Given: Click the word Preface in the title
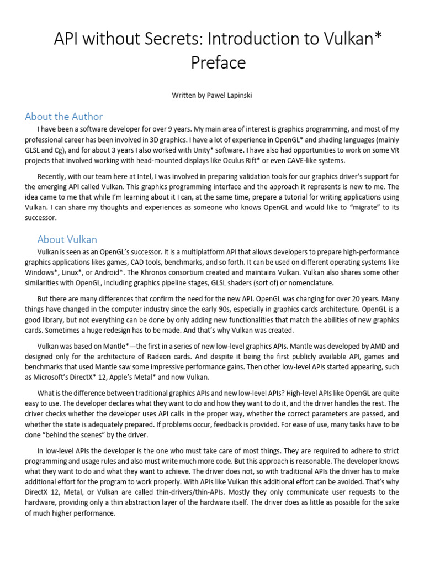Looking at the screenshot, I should (218, 63).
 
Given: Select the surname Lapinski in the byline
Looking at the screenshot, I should (236, 96).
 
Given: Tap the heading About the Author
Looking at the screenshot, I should (64, 117).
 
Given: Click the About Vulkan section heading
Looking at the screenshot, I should (67, 239).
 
